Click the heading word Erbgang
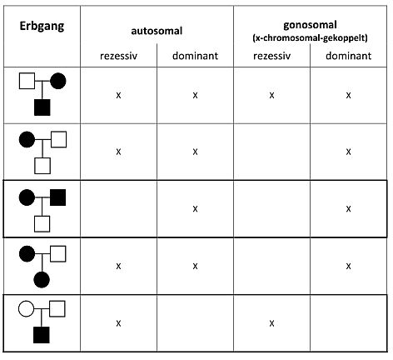click(x=42, y=27)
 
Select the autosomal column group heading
click(x=157, y=31)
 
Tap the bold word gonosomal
click(x=310, y=25)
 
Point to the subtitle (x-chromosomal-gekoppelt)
click(x=310, y=37)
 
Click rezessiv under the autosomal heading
click(x=118, y=56)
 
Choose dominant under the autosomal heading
click(x=195, y=56)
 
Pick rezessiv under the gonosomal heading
click(x=271, y=56)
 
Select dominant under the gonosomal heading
click(x=348, y=56)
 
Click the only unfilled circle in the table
click(x=27, y=308)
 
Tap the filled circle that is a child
click(x=42, y=279)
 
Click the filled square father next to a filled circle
click(x=58, y=197)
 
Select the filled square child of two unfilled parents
click(x=42, y=335)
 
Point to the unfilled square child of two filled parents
click(x=42, y=224)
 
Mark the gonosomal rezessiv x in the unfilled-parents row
click(x=271, y=323)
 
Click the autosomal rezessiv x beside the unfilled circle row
click(x=118, y=323)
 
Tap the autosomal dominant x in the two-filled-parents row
click(x=195, y=209)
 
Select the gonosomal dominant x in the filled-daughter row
click(x=348, y=266)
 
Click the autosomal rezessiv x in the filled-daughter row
click(x=118, y=266)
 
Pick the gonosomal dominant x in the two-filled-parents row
click(x=348, y=209)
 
